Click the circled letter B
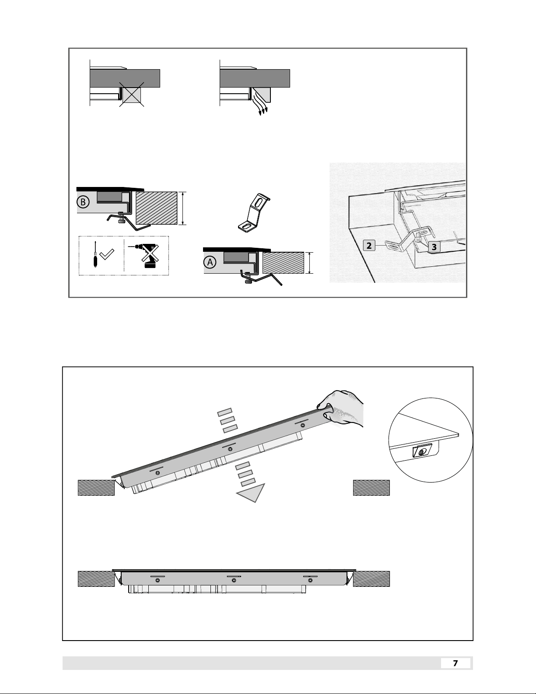83,202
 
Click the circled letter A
210,262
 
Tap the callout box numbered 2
369,246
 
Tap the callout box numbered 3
434,247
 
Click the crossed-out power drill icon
145,256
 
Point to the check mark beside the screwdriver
107,254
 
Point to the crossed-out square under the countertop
132,94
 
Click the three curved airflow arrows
260,103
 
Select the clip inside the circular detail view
422,451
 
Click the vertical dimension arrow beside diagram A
309,263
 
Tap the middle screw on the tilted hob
230,449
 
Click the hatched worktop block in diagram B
156,208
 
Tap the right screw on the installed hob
310,580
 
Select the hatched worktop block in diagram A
283,263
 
